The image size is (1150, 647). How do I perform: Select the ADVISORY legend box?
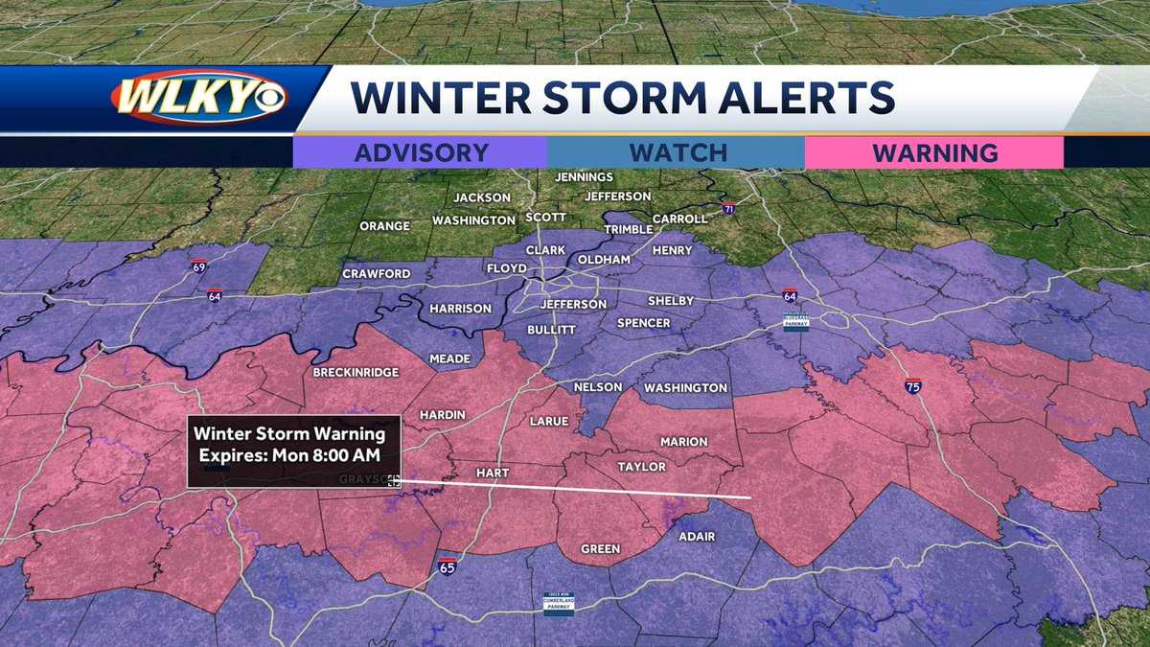(421, 152)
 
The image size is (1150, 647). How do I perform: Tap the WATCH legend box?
(678, 152)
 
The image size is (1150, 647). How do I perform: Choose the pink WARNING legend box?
(934, 152)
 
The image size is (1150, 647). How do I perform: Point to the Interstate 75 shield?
(913, 387)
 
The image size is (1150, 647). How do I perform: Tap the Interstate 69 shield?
(197, 266)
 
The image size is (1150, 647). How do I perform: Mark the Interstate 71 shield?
(729, 209)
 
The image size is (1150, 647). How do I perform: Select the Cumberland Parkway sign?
(559, 603)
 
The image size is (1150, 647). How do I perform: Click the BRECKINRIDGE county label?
(356, 372)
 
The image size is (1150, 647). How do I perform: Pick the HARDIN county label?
(443, 415)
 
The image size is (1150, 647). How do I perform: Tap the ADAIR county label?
(697, 536)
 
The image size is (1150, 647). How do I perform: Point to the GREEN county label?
(601, 549)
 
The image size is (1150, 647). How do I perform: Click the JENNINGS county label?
(584, 177)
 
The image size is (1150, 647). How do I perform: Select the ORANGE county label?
(384, 226)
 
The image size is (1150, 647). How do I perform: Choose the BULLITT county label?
(551, 330)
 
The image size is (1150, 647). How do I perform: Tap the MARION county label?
(683, 442)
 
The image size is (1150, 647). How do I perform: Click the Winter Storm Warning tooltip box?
(293, 451)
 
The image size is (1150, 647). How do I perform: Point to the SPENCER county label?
(643, 323)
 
